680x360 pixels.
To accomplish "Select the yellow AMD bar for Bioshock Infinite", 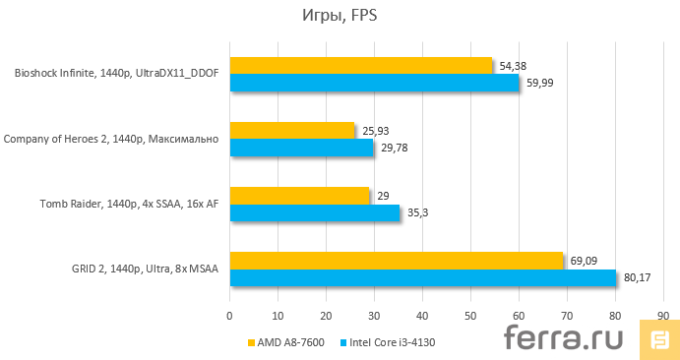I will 360,65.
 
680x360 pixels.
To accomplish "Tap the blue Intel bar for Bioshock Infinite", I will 374,83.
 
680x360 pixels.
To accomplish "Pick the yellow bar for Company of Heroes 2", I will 291,130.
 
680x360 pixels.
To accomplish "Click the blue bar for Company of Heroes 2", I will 301,148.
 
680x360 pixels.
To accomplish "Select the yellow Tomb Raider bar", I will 299,196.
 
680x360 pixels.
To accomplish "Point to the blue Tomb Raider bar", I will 314,213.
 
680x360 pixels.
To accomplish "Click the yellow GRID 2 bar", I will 396,261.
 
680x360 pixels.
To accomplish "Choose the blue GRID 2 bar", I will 422,278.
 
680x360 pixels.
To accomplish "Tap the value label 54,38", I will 512,65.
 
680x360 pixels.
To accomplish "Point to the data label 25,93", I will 375,130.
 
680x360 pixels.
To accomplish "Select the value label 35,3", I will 417,213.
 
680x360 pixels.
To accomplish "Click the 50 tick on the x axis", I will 470,316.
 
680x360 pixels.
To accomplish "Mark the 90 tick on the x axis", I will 663,316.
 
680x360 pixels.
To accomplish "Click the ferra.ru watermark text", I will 568,339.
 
